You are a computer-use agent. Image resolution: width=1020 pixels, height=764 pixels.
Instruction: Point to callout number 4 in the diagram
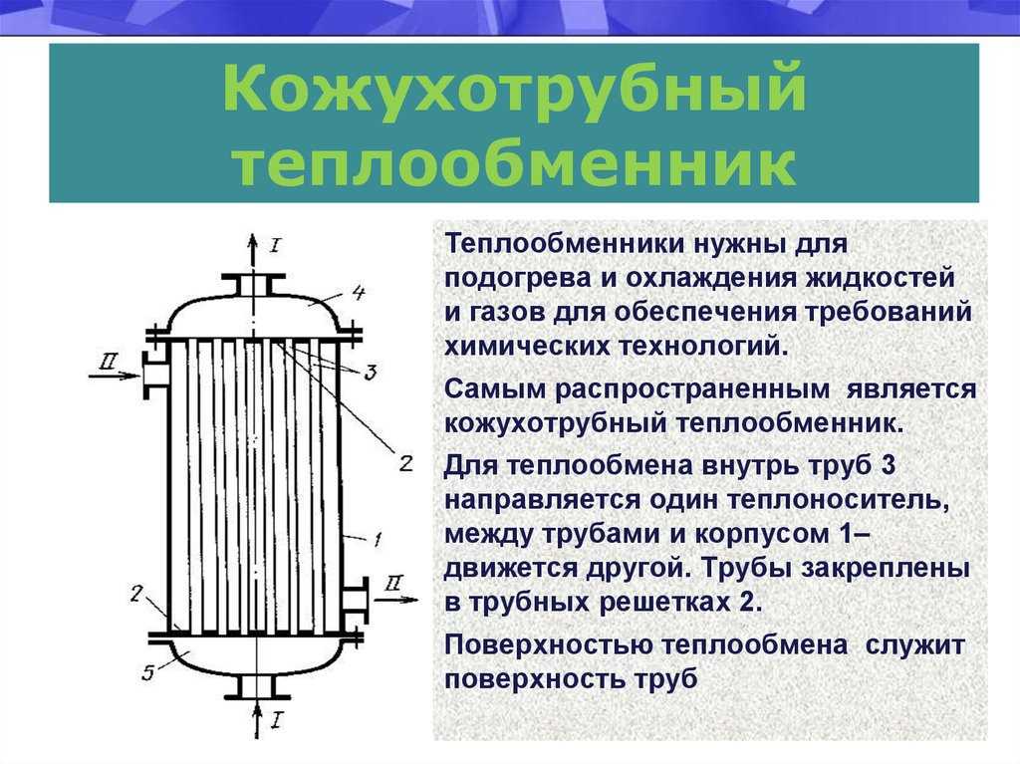tap(358, 293)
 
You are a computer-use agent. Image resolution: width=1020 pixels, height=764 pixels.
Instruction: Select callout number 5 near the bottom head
tap(148, 672)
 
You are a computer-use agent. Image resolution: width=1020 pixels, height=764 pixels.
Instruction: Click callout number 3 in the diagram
tap(370, 373)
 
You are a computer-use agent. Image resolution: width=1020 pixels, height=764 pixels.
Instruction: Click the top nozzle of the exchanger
tap(253, 286)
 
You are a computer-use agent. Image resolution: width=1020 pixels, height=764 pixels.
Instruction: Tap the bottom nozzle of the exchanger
tap(258, 687)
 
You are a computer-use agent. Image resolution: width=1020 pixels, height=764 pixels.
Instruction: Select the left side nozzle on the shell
tap(154, 375)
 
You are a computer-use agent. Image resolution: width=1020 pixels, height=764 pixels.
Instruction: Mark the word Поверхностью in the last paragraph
tap(549, 646)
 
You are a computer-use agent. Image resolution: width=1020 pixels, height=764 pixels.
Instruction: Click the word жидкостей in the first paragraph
tap(881, 279)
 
